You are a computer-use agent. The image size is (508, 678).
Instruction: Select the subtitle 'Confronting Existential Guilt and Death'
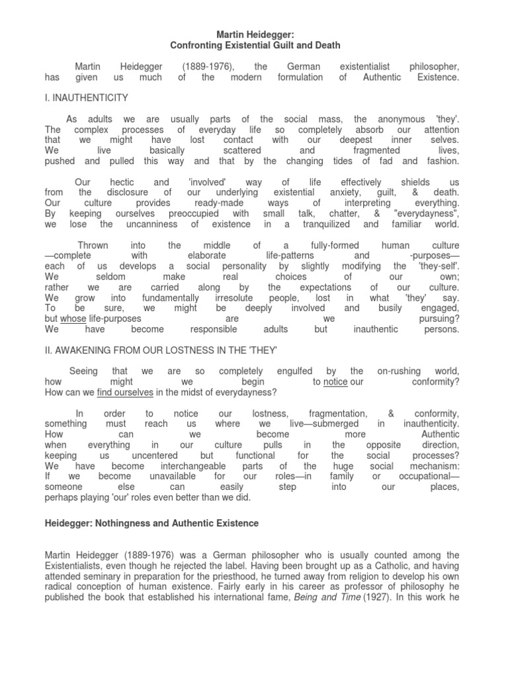[254, 45]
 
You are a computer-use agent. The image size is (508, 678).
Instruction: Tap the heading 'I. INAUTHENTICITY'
[86, 98]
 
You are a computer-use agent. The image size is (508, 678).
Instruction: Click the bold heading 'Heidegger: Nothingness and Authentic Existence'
[151, 523]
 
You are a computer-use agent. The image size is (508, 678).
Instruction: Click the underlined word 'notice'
[335, 382]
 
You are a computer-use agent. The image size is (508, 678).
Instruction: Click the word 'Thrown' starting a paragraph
[93, 245]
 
